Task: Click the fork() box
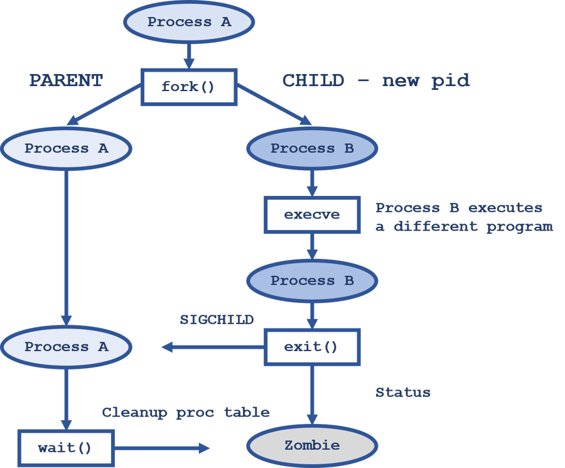188,87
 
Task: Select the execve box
312,215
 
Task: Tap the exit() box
312,347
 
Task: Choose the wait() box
65,448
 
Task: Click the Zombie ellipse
312,446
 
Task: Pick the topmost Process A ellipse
189,22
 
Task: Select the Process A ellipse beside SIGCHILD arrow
66,347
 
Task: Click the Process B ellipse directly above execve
312,149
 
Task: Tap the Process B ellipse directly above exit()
312,281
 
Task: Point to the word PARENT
66,80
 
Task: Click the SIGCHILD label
217,320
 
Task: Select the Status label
403,393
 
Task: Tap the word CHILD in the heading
313,80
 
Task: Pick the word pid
449,80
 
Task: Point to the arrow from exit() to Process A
213,347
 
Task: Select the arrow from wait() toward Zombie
161,448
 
